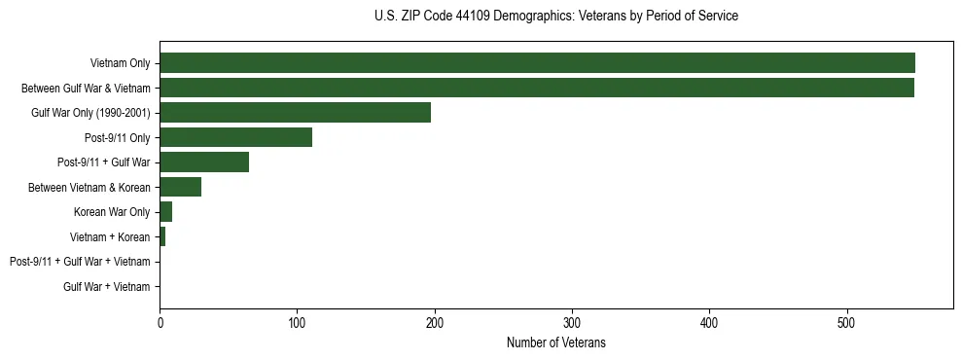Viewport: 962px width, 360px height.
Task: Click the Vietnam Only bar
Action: pos(537,63)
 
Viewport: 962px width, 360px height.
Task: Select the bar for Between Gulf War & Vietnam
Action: pos(536,88)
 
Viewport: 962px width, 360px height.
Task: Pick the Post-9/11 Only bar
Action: pos(235,137)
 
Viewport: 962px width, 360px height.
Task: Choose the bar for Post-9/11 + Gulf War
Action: pos(204,162)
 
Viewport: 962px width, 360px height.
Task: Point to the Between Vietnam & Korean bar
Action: pos(180,187)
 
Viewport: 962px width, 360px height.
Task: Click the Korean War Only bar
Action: pos(165,212)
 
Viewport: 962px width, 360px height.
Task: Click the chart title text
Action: pos(555,17)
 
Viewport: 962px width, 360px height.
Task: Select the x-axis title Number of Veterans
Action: pos(555,342)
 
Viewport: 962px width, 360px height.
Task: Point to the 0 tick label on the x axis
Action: pos(160,323)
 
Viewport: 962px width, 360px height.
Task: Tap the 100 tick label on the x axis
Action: pos(298,323)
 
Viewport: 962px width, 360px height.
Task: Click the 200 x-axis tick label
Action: pos(435,323)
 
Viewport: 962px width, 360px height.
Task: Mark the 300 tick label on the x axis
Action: pos(572,323)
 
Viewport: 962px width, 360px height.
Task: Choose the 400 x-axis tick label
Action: pos(710,323)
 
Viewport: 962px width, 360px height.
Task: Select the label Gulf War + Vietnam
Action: pos(107,286)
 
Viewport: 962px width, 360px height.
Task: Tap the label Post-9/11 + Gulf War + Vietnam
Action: pos(80,262)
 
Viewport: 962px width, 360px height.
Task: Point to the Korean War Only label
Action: pos(112,212)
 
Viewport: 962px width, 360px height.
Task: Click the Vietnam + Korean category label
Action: pos(110,236)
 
